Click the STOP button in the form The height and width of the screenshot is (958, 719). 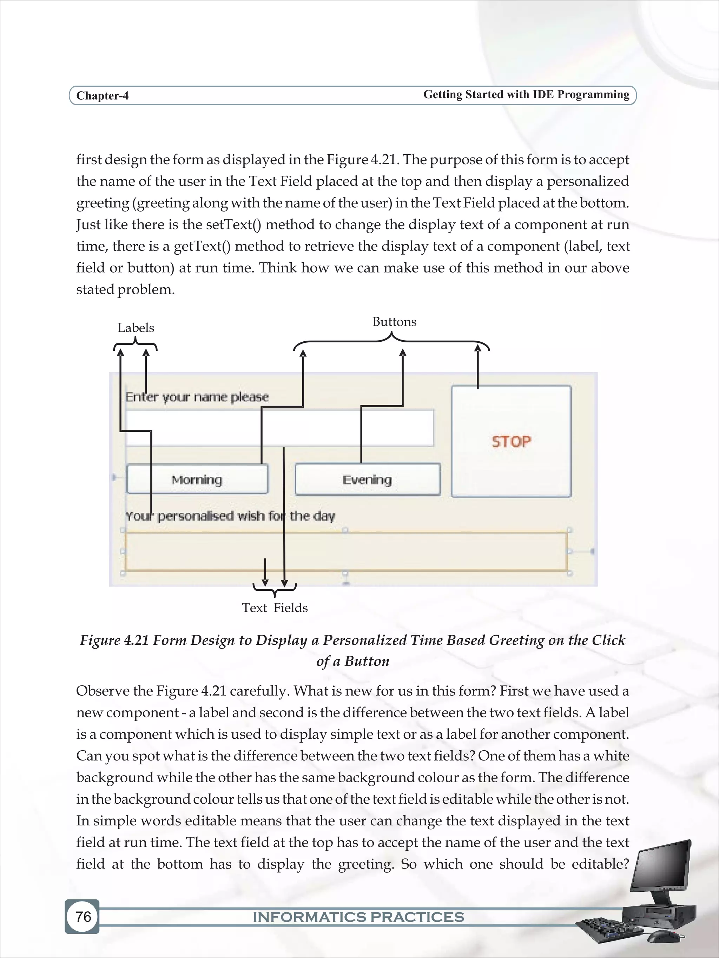[x=511, y=441]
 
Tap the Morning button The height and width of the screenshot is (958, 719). [x=197, y=480]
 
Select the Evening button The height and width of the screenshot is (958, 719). [x=367, y=480]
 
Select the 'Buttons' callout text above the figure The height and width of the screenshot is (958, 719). [x=394, y=322]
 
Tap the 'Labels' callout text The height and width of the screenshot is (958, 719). [x=136, y=328]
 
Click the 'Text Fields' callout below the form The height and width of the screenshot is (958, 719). [x=275, y=608]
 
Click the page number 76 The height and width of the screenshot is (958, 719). [x=83, y=916]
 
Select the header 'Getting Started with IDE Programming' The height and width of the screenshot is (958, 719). [x=526, y=94]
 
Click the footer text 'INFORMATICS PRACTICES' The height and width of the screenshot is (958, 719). [x=358, y=917]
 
